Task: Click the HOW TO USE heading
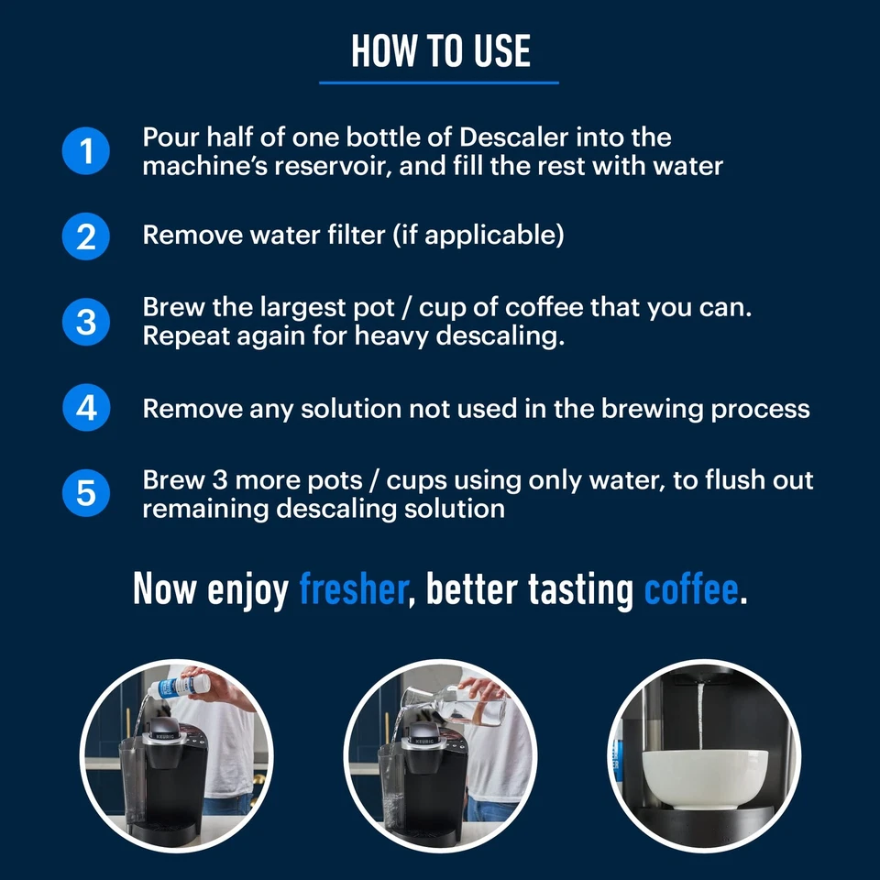pyautogui.click(x=440, y=51)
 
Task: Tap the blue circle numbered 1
pyautogui.click(x=86, y=151)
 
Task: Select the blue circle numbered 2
pyautogui.click(x=86, y=236)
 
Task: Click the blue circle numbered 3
pyautogui.click(x=86, y=323)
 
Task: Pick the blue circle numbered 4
pyautogui.click(x=86, y=408)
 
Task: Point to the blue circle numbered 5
pyautogui.click(x=86, y=494)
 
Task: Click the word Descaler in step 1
pyautogui.click(x=512, y=137)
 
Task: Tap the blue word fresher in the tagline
pyautogui.click(x=352, y=589)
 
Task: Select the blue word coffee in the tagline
pyautogui.click(x=690, y=589)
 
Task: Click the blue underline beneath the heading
pyautogui.click(x=439, y=82)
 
